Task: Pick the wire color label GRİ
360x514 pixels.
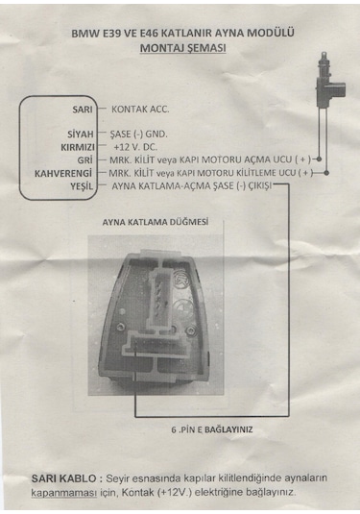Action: [x=84, y=159]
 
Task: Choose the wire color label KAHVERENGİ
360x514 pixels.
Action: [x=63, y=172]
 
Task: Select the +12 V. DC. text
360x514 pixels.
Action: [x=140, y=147]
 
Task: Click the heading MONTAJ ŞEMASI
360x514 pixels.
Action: [x=181, y=46]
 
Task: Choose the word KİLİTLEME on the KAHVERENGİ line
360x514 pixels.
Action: [x=266, y=172]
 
